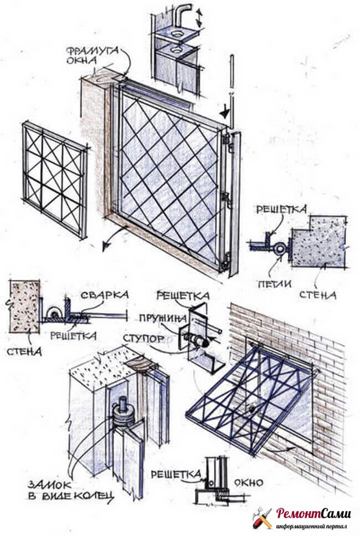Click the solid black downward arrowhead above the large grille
(224, 113)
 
